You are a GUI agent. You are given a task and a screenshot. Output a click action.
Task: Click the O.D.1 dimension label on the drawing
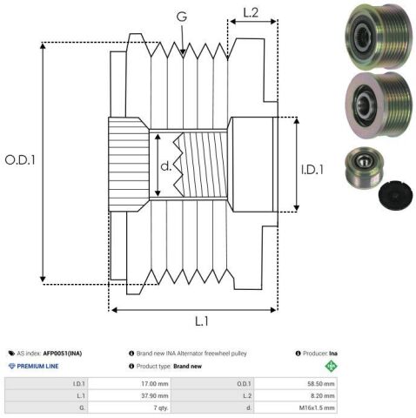coord(20,160)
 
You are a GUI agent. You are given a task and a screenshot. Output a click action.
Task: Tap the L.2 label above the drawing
coord(251,12)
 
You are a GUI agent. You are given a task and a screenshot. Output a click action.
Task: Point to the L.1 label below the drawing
coord(202,321)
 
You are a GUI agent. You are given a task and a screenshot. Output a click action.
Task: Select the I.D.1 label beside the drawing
coord(312,170)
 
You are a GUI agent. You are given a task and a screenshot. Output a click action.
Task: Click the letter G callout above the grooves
coord(182,17)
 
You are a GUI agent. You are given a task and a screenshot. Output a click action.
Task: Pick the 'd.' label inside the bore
coord(166,166)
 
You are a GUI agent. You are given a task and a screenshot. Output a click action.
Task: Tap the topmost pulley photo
coord(379,37)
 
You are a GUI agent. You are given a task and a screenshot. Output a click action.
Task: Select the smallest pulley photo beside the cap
coord(365,167)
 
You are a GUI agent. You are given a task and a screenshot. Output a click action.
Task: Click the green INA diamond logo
coord(331,366)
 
